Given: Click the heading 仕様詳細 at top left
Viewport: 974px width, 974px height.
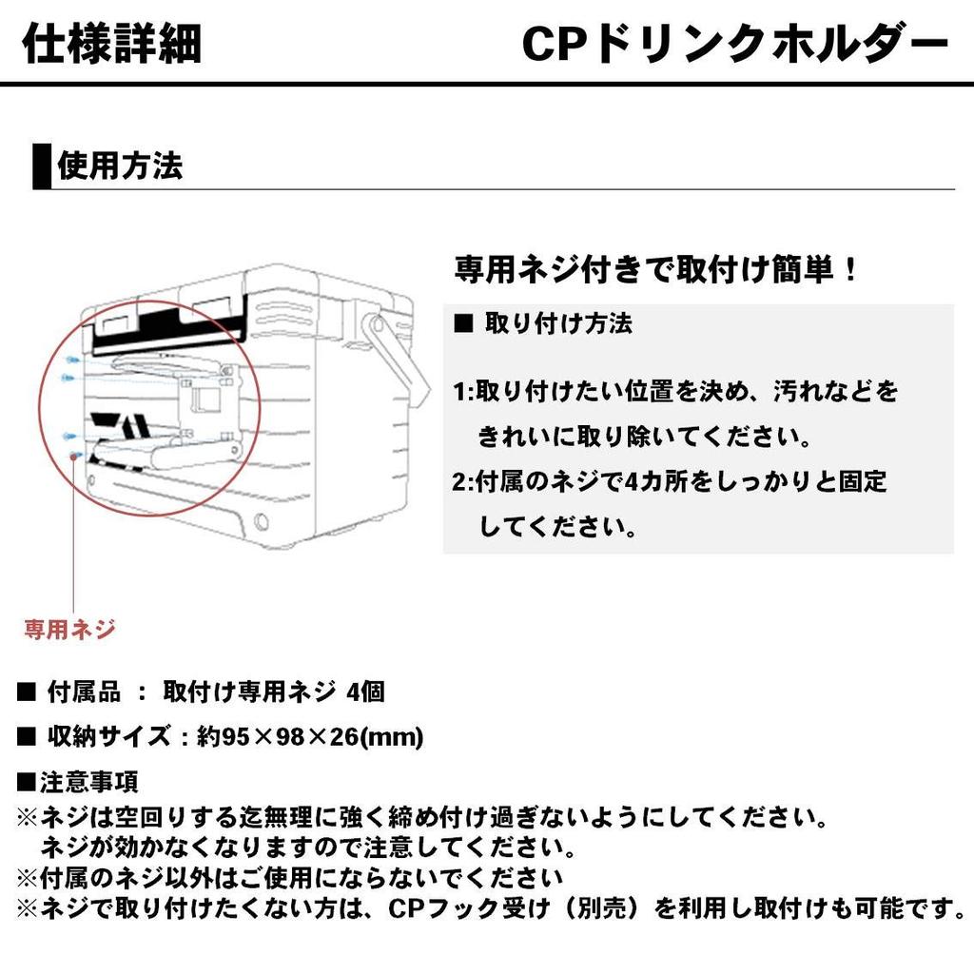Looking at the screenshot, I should [110, 44].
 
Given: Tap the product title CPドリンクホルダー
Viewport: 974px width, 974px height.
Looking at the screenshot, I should [735, 44].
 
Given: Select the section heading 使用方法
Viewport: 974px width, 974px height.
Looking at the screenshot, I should [120, 166].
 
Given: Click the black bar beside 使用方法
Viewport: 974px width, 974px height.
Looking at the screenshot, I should [42, 166].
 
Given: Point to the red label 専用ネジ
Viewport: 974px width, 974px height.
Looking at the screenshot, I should [69, 629].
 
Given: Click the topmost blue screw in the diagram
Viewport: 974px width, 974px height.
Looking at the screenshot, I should [71, 360].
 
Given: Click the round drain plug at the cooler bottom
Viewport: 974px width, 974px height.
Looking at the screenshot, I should [261, 522].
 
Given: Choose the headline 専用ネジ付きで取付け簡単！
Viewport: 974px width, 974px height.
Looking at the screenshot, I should [656, 269].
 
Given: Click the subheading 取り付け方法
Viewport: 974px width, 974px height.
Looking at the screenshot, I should [558, 323].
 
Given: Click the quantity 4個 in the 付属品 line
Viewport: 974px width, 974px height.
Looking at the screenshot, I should [365, 692].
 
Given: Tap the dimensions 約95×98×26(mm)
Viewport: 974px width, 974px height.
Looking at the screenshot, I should [310, 736].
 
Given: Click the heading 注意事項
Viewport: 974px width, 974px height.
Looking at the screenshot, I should [88, 782].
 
